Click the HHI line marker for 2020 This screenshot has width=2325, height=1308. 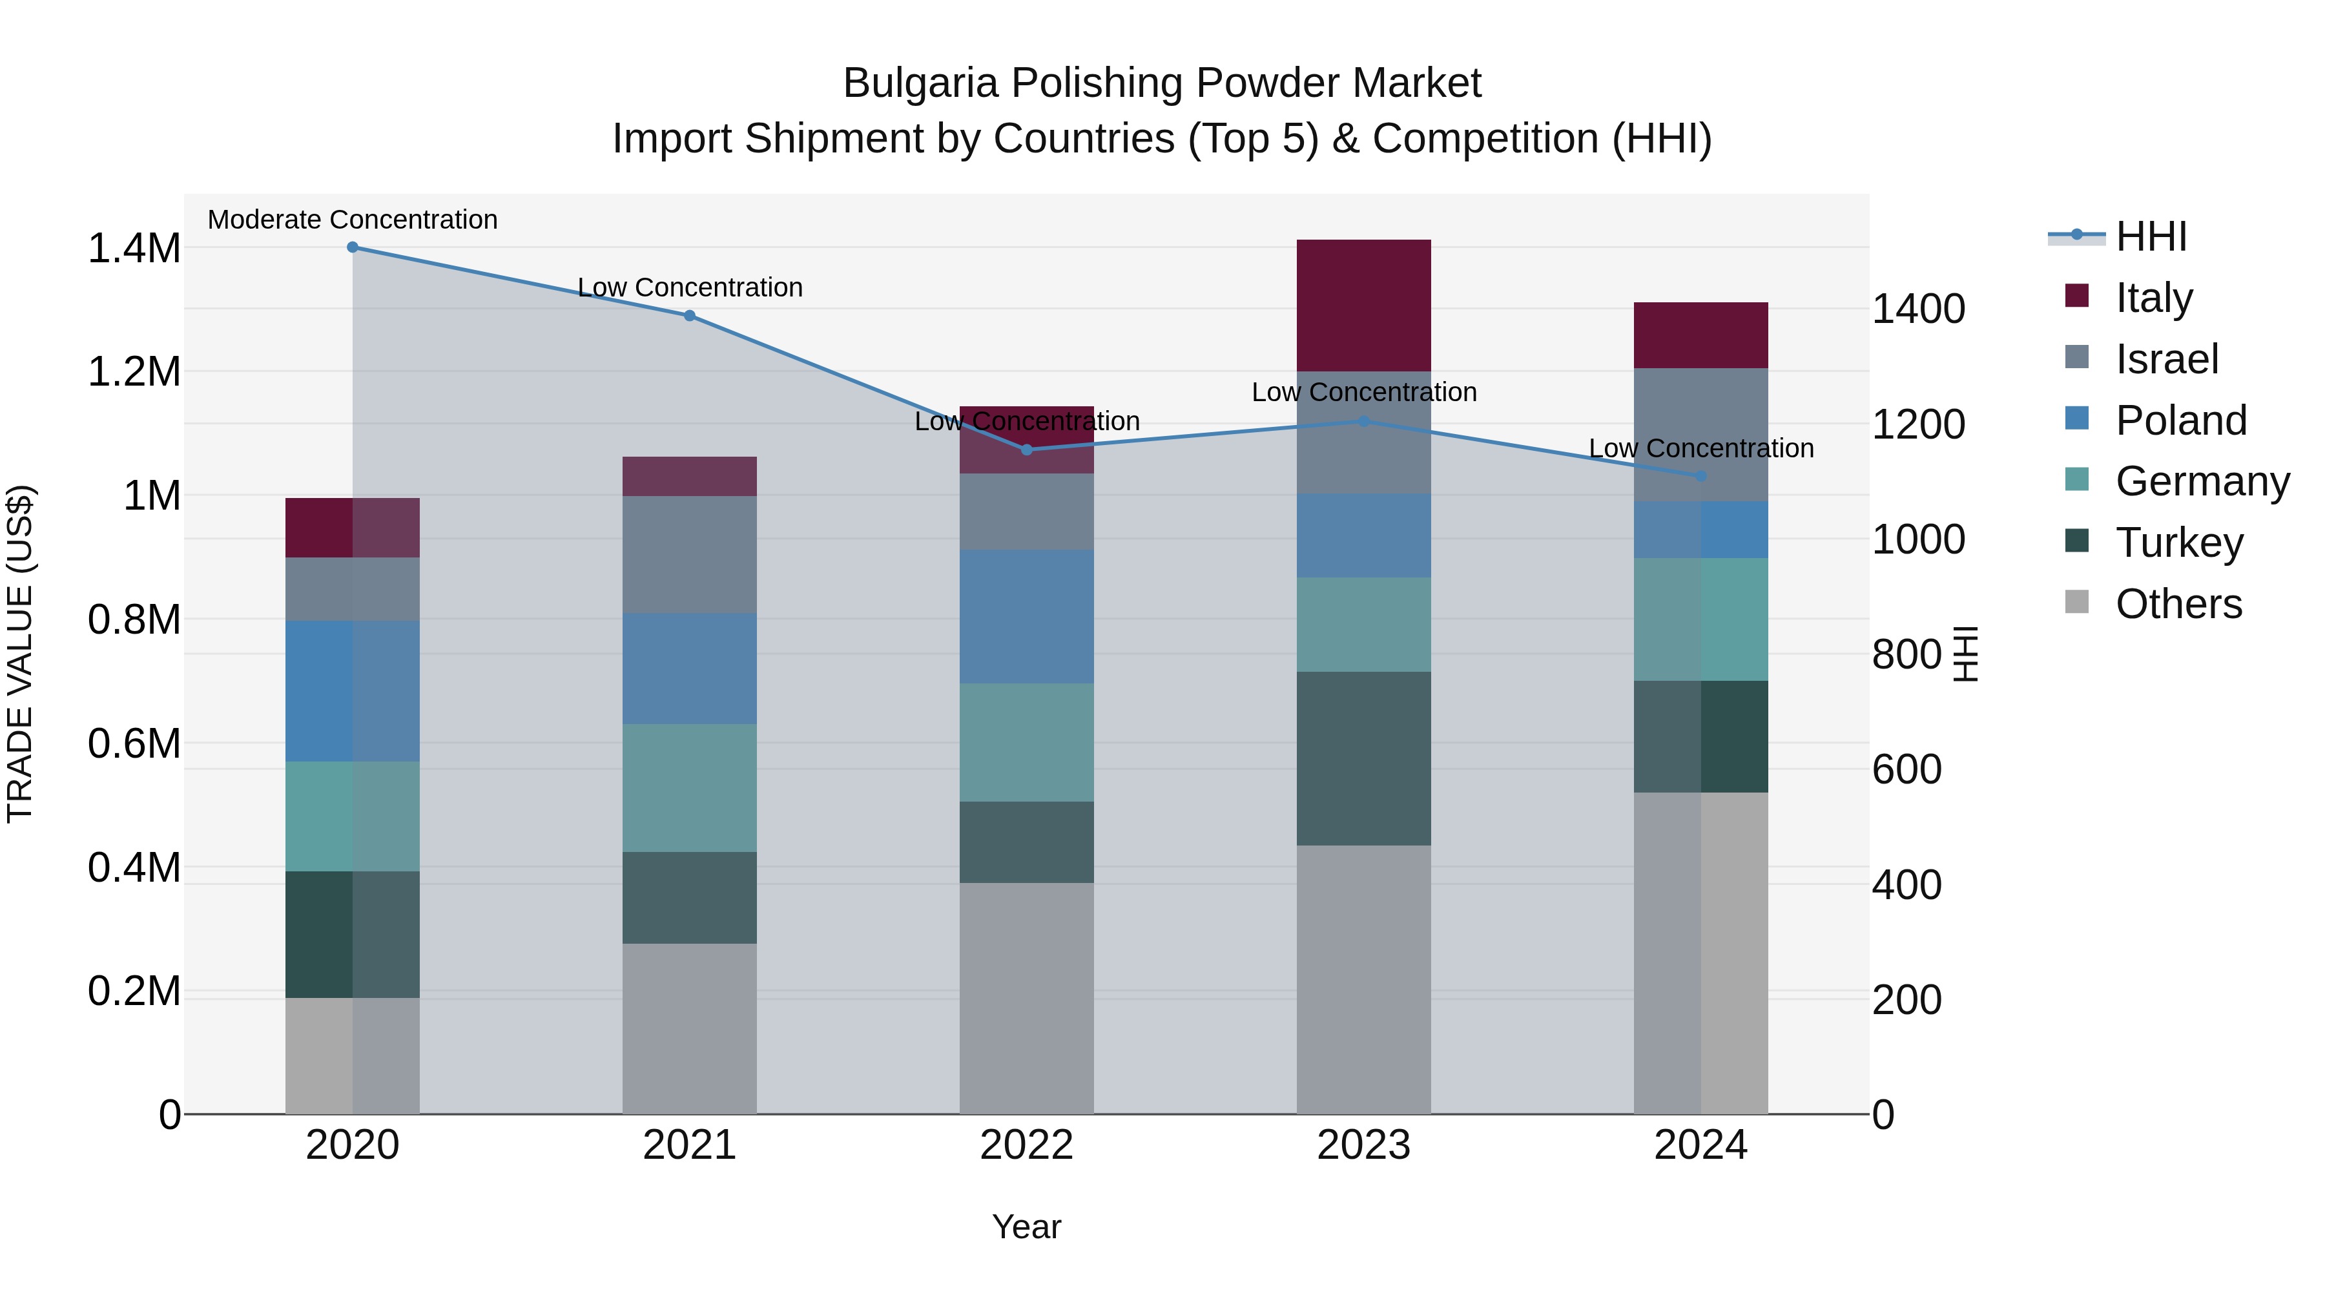(x=353, y=247)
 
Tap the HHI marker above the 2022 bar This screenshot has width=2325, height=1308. (x=1026, y=450)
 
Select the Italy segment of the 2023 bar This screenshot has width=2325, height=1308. (x=1364, y=305)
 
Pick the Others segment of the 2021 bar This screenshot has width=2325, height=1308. (x=690, y=1028)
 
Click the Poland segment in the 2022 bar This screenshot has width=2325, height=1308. (x=1026, y=617)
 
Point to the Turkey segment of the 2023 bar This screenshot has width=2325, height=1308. (x=1364, y=758)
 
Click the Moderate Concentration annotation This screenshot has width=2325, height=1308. (x=353, y=220)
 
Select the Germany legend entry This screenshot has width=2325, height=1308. (x=2202, y=481)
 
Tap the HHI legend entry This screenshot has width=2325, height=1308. (x=2151, y=236)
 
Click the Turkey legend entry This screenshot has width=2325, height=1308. (x=2179, y=543)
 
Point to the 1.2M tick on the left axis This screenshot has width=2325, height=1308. (x=134, y=372)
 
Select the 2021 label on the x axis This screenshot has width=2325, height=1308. (x=690, y=1145)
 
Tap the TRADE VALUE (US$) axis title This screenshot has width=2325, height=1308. (x=21, y=654)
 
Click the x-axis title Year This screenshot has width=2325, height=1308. (x=1026, y=1227)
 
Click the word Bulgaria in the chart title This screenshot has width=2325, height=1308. (x=920, y=83)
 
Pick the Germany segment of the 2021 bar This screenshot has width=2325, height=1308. (x=690, y=787)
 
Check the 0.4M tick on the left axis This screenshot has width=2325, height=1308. (x=134, y=867)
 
